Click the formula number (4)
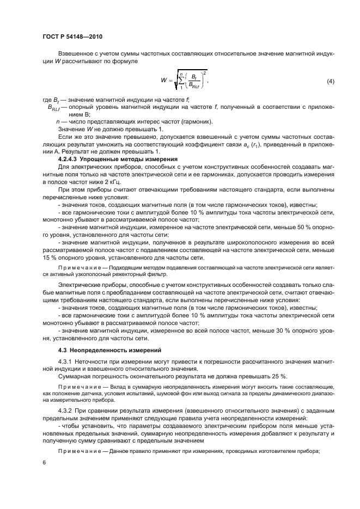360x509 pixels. [330, 81]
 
